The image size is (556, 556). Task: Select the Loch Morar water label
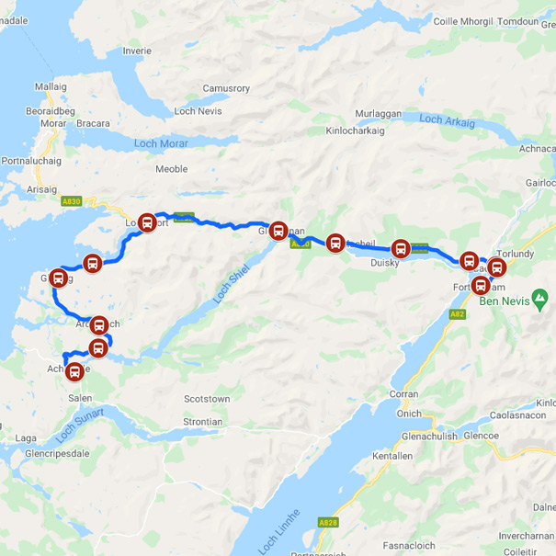(161, 143)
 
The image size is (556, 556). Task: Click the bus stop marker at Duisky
(401, 248)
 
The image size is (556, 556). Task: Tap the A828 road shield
(328, 522)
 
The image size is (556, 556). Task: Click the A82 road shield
(457, 314)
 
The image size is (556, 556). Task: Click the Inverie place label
(136, 51)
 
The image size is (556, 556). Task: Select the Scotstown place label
(207, 400)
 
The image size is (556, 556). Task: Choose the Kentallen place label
(393, 456)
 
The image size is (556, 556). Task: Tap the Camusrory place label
(225, 88)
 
